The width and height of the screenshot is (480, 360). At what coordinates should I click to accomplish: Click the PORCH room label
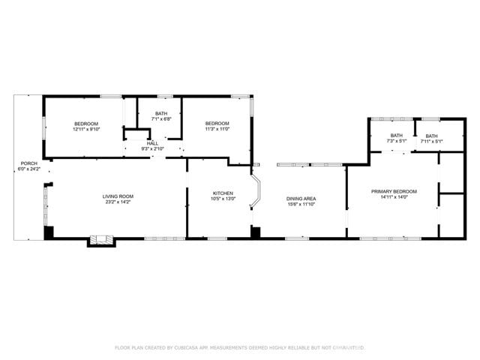[28, 163]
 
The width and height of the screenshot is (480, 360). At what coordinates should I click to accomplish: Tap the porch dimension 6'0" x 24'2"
[28, 169]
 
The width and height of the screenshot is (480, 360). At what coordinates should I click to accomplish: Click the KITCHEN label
[223, 193]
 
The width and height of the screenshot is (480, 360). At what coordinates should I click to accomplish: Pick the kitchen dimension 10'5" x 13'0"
[223, 199]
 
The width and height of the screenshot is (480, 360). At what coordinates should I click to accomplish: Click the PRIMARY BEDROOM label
[394, 191]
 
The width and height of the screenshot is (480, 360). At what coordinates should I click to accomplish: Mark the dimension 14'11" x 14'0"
[394, 197]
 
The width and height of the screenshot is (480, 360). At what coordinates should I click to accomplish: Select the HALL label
[152, 142]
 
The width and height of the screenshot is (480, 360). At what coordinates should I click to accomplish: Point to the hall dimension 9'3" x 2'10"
[152, 148]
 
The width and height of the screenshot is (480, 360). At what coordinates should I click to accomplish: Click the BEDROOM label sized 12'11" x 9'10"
[85, 123]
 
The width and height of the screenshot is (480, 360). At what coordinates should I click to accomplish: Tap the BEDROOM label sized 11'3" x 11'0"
[217, 123]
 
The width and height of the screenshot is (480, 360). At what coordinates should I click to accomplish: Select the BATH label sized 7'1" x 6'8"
[161, 113]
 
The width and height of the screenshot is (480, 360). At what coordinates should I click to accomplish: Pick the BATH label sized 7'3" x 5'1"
[396, 135]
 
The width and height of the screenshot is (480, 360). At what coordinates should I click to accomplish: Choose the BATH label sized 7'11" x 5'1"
[431, 136]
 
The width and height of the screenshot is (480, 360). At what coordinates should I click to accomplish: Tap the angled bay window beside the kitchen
[256, 193]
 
